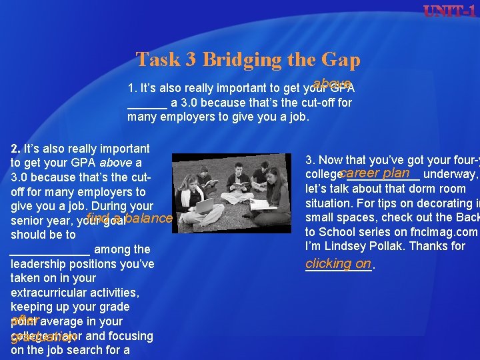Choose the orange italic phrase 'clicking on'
pyautogui.click(x=338, y=263)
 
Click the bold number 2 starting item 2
pyautogui.click(x=15, y=149)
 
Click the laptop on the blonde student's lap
pyautogui.click(x=203, y=204)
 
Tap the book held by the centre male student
pyautogui.click(x=241, y=184)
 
